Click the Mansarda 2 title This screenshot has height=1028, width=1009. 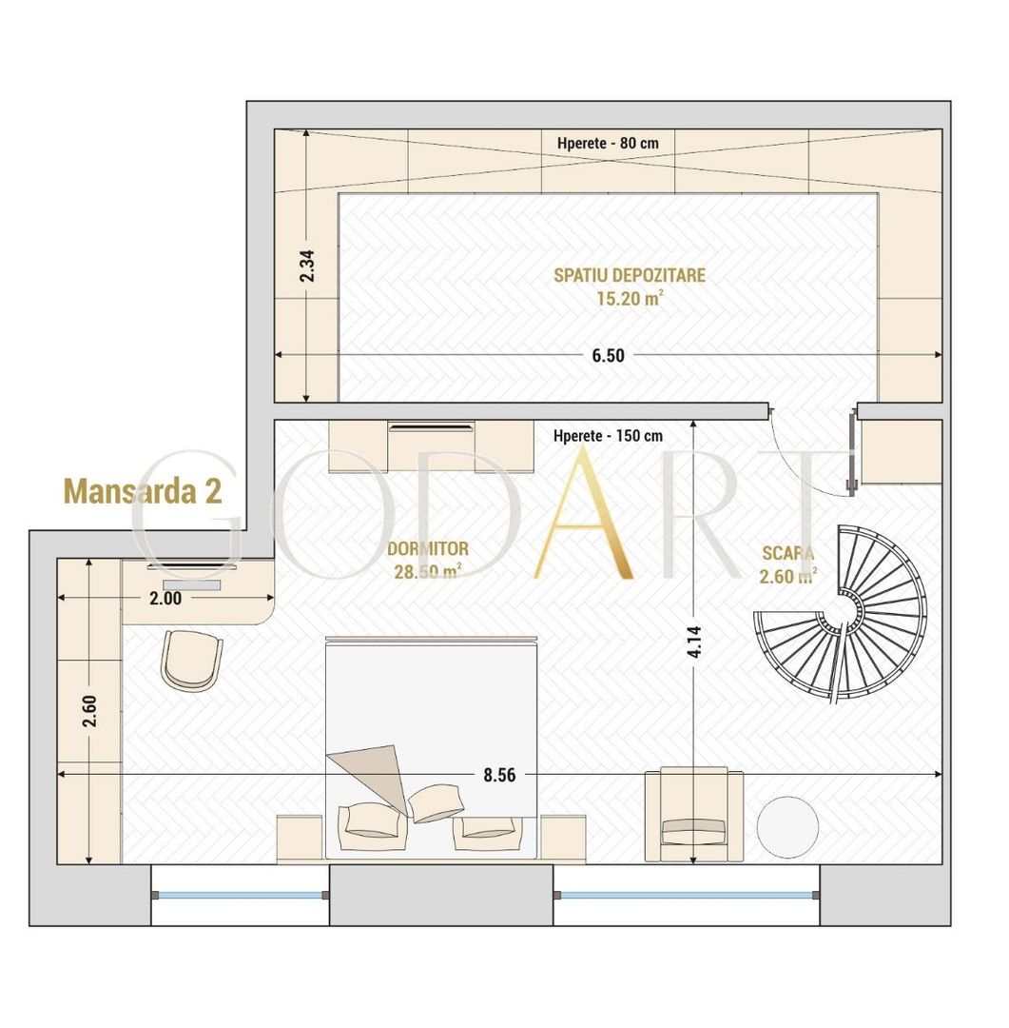point(143,491)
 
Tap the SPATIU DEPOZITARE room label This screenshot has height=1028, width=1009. point(629,275)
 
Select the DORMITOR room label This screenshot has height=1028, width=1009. point(428,549)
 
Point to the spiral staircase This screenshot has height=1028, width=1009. point(840,615)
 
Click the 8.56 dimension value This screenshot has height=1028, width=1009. point(499,775)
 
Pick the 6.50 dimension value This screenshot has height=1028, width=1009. point(608,355)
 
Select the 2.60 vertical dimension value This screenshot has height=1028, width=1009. point(89,711)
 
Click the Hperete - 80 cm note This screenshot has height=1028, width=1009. point(608,143)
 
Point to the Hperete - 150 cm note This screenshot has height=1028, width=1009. point(608,436)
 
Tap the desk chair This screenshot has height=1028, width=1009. point(191,660)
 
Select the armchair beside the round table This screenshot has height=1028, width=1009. point(692,815)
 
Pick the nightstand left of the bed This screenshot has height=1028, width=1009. point(300,839)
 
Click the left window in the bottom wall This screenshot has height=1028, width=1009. point(241,895)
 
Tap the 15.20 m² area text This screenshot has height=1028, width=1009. point(629,298)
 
